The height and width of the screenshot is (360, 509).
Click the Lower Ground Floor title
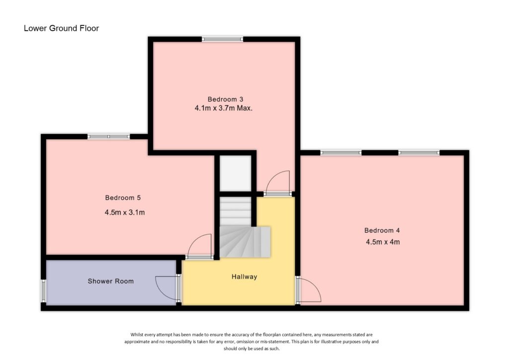pyautogui.click(x=61, y=28)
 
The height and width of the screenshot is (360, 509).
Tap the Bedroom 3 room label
pyautogui.click(x=225, y=98)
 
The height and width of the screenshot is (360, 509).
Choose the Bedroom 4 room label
pyautogui.click(x=382, y=230)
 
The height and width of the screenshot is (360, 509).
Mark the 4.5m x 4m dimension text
pyautogui.click(x=382, y=243)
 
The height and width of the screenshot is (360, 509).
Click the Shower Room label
pyautogui.click(x=110, y=281)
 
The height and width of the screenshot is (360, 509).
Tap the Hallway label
pyautogui.click(x=245, y=276)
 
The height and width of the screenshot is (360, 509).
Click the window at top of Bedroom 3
pyautogui.click(x=222, y=39)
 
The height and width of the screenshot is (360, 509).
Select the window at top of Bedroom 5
pyautogui.click(x=109, y=136)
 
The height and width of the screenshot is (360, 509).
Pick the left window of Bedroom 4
pyautogui.click(x=340, y=152)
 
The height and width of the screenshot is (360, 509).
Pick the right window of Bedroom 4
pyautogui.click(x=418, y=152)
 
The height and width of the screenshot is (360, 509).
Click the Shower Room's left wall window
pyautogui.click(x=43, y=291)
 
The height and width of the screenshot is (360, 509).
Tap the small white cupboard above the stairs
pyautogui.click(x=236, y=173)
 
